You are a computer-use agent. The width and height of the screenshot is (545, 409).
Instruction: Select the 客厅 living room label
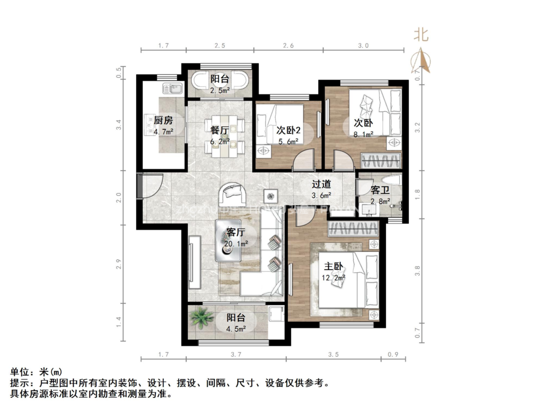tap(235, 232)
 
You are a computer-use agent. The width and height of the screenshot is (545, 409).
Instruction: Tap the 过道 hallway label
tap(321, 184)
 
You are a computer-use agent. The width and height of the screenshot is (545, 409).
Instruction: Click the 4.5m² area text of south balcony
tap(236, 329)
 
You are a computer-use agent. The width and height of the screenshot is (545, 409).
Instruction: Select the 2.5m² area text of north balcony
tap(220, 90)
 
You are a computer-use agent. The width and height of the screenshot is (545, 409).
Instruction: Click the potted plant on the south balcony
tap(202, 318)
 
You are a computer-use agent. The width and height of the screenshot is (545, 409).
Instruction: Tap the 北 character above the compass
tap(421, 35)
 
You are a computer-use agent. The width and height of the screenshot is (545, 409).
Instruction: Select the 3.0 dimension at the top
tap(363, 46)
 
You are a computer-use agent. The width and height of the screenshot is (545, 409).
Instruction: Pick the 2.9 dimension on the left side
tap(120, 265)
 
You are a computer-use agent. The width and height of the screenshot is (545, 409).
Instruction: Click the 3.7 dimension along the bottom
tap(236, 354)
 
